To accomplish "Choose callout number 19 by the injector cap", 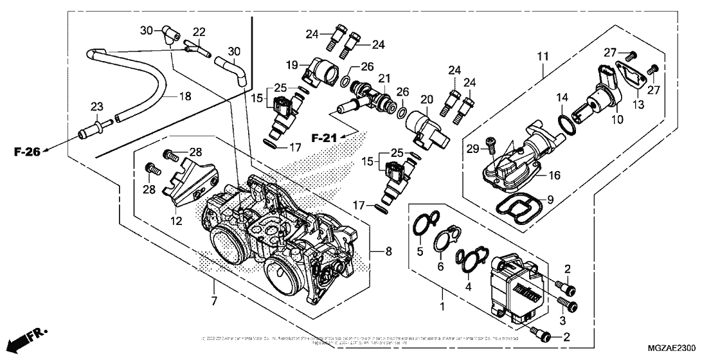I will click(290, 64).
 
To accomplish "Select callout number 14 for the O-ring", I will click(561, 98).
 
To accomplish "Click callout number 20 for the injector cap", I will click(424, 99).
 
